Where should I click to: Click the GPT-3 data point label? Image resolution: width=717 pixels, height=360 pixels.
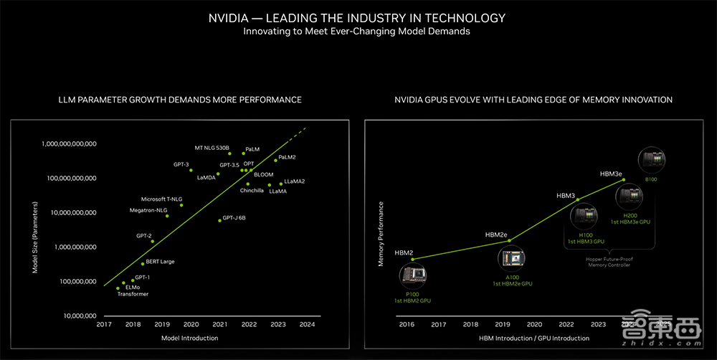[181, 164]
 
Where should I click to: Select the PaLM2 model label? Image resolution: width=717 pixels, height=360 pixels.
[287, 157]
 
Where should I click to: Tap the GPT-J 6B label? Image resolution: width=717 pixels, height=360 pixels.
[234, 217]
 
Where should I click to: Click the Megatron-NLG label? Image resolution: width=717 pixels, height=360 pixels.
[148, 210]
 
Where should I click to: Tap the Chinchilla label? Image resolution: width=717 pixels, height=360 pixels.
[252, 191]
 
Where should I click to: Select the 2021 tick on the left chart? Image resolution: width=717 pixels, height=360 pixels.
[220, 325]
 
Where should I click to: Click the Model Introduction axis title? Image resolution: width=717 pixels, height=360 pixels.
[189, 338]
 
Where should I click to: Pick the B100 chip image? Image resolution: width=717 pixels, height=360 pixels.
[650, 164]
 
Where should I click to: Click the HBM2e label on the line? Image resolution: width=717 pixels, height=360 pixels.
[496, 235]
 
